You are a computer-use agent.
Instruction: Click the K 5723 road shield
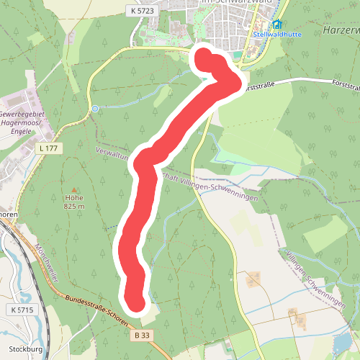click(143, 11)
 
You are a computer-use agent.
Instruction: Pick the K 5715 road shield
click(22, 310)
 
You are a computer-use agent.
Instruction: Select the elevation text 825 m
click(73, 207)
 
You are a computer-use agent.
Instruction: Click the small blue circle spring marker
click(95, 109)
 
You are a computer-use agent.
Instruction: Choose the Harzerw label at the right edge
click(341, 31)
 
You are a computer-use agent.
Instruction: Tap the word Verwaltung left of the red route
click(112, 153)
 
